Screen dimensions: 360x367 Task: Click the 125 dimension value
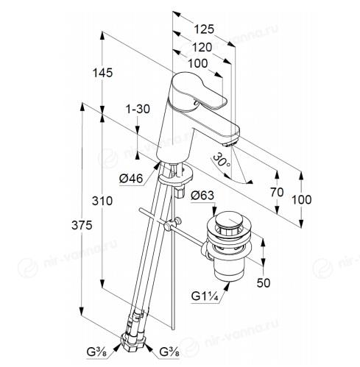click(x=204, y=29)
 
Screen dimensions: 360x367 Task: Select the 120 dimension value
click(x=202, y=47)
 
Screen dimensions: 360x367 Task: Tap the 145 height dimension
click(x=102, y=73)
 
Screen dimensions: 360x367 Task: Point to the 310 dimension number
click(x=102, y=201)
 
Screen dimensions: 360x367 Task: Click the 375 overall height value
click(x=82, y=225)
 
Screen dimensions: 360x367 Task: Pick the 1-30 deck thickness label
click(x=138, y=109)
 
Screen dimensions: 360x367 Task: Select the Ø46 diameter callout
click(x=131, y=178)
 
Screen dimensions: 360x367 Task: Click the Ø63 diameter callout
click(x=202, y=196)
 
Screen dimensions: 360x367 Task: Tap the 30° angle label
click(x=222, y=160)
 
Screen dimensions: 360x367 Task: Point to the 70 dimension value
click(x=277, y=192)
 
